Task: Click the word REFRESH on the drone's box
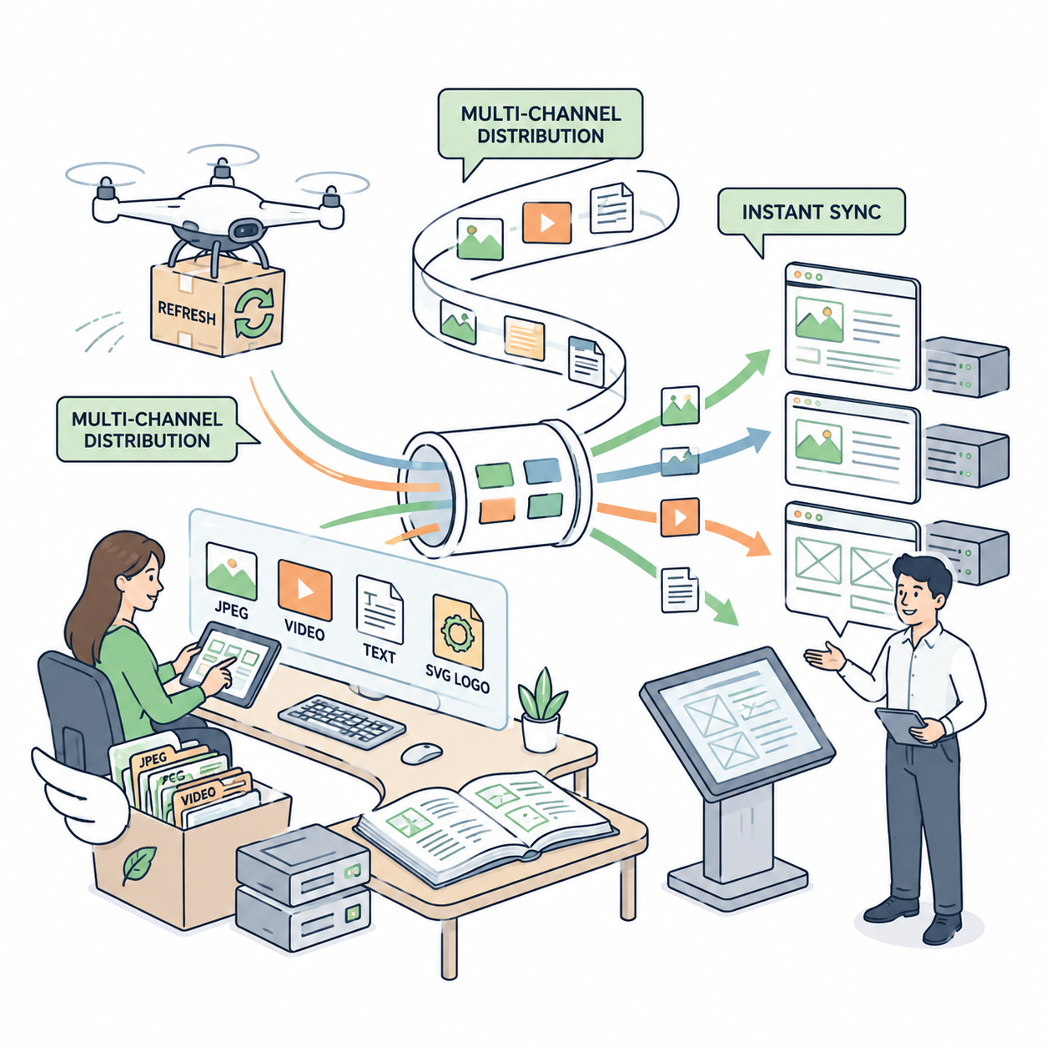pos(187,312)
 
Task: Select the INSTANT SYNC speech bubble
pos(811,217)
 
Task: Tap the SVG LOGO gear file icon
pos(458,631)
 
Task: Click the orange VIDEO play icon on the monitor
pos(304,590)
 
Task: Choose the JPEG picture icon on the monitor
pos(231,571)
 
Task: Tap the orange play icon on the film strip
pos(546,223)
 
